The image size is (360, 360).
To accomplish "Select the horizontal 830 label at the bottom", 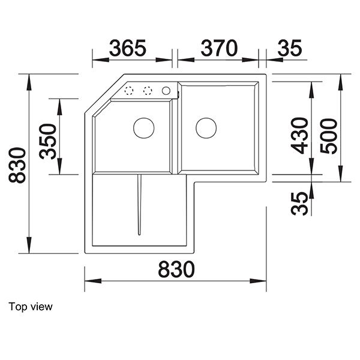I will (x=176, y=270).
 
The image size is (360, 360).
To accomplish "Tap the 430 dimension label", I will (x=299, y=136).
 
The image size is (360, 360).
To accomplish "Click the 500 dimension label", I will (x=329, y=136).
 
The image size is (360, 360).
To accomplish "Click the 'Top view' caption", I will (x=31, y=307).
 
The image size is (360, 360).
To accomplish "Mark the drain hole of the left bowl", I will (x=143, y=127).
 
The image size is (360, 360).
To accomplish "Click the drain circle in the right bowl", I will (x=206, y=127).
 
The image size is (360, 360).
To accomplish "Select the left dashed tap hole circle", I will (x=128, y=91).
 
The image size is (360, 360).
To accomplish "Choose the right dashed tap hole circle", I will (x=147, y=91).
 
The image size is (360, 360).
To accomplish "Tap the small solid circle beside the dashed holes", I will (x=166, y=91).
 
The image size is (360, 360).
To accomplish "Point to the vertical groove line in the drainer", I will (x=139, y=204).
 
